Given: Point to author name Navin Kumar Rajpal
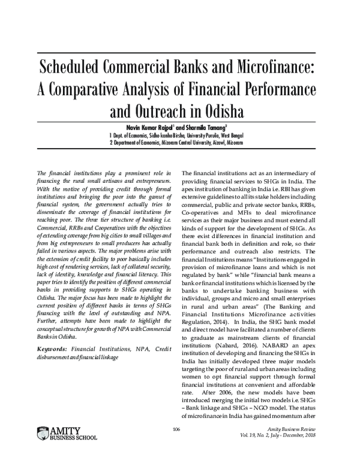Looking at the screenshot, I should [x=152, y=128].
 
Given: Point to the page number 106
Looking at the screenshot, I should [x=176, y=429].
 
